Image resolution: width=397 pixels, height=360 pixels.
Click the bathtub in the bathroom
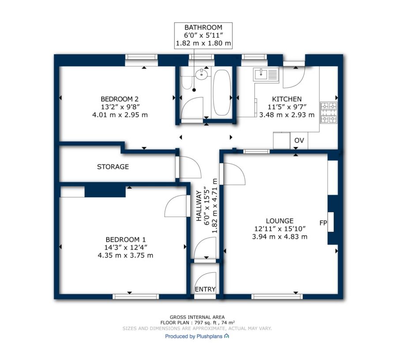[x=222, y=93]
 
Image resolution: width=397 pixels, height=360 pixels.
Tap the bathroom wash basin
[x=202, y=74]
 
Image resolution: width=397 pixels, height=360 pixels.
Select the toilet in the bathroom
[x=187, y=79]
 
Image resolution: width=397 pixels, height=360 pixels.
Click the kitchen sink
[x=266, y=75]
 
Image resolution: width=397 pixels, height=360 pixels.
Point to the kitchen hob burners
[x=329, y=112]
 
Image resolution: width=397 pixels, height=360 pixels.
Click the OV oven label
[x=299, y=140]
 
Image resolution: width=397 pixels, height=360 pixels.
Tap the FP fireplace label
[x=323, y=223]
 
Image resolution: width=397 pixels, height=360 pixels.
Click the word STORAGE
[x=113, y=167]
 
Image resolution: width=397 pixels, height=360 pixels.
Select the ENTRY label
[x=205, y=289]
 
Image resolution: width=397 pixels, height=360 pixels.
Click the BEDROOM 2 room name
[x=120, y=99]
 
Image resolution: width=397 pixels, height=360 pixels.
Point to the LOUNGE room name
[x=280, y=221]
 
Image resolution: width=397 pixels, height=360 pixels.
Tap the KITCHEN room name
[x=287, y=99]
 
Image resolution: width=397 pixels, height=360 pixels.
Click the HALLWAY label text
[x=199, y=206]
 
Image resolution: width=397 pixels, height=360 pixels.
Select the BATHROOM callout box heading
[x=203, y=27]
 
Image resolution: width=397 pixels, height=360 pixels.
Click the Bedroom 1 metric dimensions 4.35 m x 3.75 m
[x=126, y=255]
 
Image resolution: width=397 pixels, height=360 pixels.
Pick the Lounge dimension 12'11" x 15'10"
[x=280, y=229]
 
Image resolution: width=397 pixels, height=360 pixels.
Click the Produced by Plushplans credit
[x=197, y=336]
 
